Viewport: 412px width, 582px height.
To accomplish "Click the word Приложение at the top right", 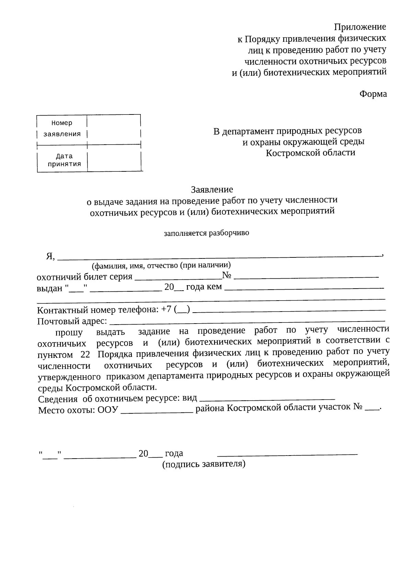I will pos(360,27).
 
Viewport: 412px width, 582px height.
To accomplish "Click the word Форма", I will pos(373,94).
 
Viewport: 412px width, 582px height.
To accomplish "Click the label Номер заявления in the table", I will pos(62,128).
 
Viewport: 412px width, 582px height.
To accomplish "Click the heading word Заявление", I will pos(212,189).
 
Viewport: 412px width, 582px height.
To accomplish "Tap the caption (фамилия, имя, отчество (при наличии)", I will pos(161,265).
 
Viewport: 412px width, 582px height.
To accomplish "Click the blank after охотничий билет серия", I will pos(178,278).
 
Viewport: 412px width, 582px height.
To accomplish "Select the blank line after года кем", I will pos(304,288).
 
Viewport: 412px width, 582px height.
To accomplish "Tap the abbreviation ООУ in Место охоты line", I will pos(108,410).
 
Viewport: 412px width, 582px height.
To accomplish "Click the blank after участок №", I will pos(372,409).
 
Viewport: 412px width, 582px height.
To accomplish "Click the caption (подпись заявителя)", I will pos(204,464).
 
